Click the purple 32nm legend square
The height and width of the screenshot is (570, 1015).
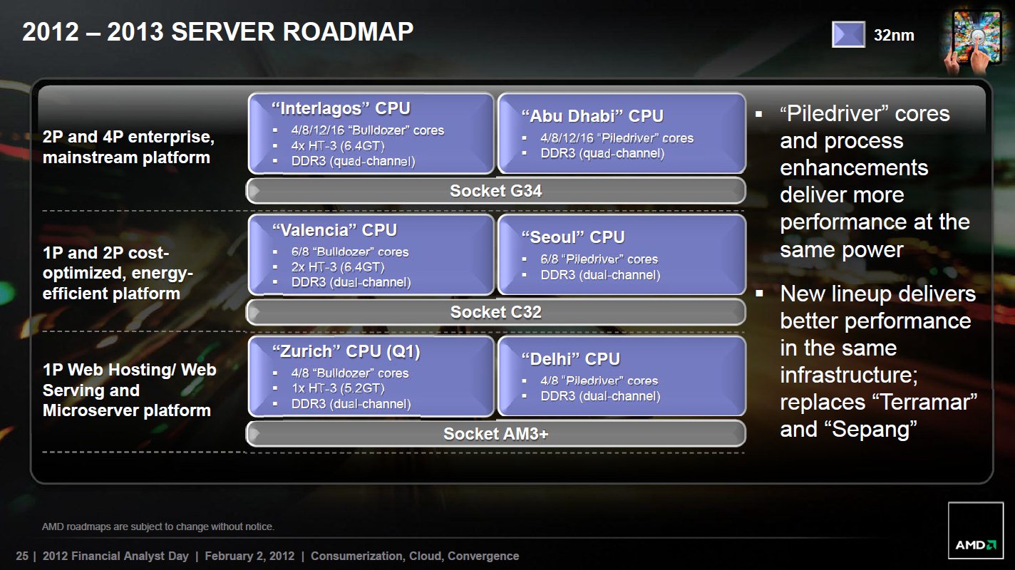(848, 34)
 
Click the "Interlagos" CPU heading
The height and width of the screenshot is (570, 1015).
(341, 108)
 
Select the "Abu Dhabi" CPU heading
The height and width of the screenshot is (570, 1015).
(592, 116)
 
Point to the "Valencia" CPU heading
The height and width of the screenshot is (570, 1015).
(334, 230)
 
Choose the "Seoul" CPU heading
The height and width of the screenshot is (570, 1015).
(573, 237)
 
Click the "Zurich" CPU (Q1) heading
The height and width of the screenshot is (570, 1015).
(346, 351)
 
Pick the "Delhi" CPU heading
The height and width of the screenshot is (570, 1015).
(570, 359)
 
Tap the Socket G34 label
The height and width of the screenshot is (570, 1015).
(495, 191)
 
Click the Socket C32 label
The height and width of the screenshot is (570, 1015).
(495, 312)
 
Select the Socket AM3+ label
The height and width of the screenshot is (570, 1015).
(495, 434)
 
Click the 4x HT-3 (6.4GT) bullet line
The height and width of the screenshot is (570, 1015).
(338, 146)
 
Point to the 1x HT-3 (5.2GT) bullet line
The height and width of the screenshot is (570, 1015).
(338, 388)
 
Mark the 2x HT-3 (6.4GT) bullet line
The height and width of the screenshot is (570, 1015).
(338, 267)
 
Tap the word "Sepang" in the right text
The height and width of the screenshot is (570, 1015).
(875, 430)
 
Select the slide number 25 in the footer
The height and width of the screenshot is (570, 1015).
(22, 556)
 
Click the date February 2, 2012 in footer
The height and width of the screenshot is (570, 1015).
(249, 556)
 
